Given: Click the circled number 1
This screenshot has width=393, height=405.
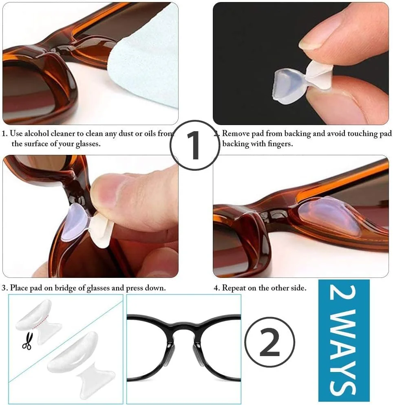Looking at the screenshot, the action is click(x=195, y=145).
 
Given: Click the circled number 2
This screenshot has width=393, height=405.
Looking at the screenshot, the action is click(x=269, y=342).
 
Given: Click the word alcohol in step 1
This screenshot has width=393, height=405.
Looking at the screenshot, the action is click(x=36, y=134).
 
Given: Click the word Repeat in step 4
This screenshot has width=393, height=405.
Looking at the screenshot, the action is click(x=234, y=288).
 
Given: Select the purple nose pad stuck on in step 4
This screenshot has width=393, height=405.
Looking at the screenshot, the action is click(x=329, y=216).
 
